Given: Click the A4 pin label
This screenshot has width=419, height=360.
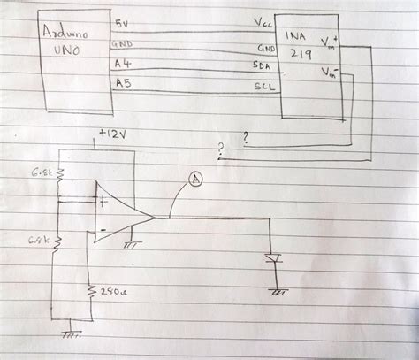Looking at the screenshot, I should pos(123,63).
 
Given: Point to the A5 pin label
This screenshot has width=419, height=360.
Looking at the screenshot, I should pos(123,83).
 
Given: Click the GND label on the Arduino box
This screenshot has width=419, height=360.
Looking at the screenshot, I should pos(123,42).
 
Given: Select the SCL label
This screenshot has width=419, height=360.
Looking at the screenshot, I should pos(264,87).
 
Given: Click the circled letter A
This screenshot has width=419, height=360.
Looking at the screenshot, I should pos(195,178).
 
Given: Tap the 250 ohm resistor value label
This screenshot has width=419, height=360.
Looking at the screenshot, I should pos(113,291).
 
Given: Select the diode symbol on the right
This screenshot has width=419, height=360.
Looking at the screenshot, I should pos(275,258).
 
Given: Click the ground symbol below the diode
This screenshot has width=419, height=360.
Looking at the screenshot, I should pos(280,289).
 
